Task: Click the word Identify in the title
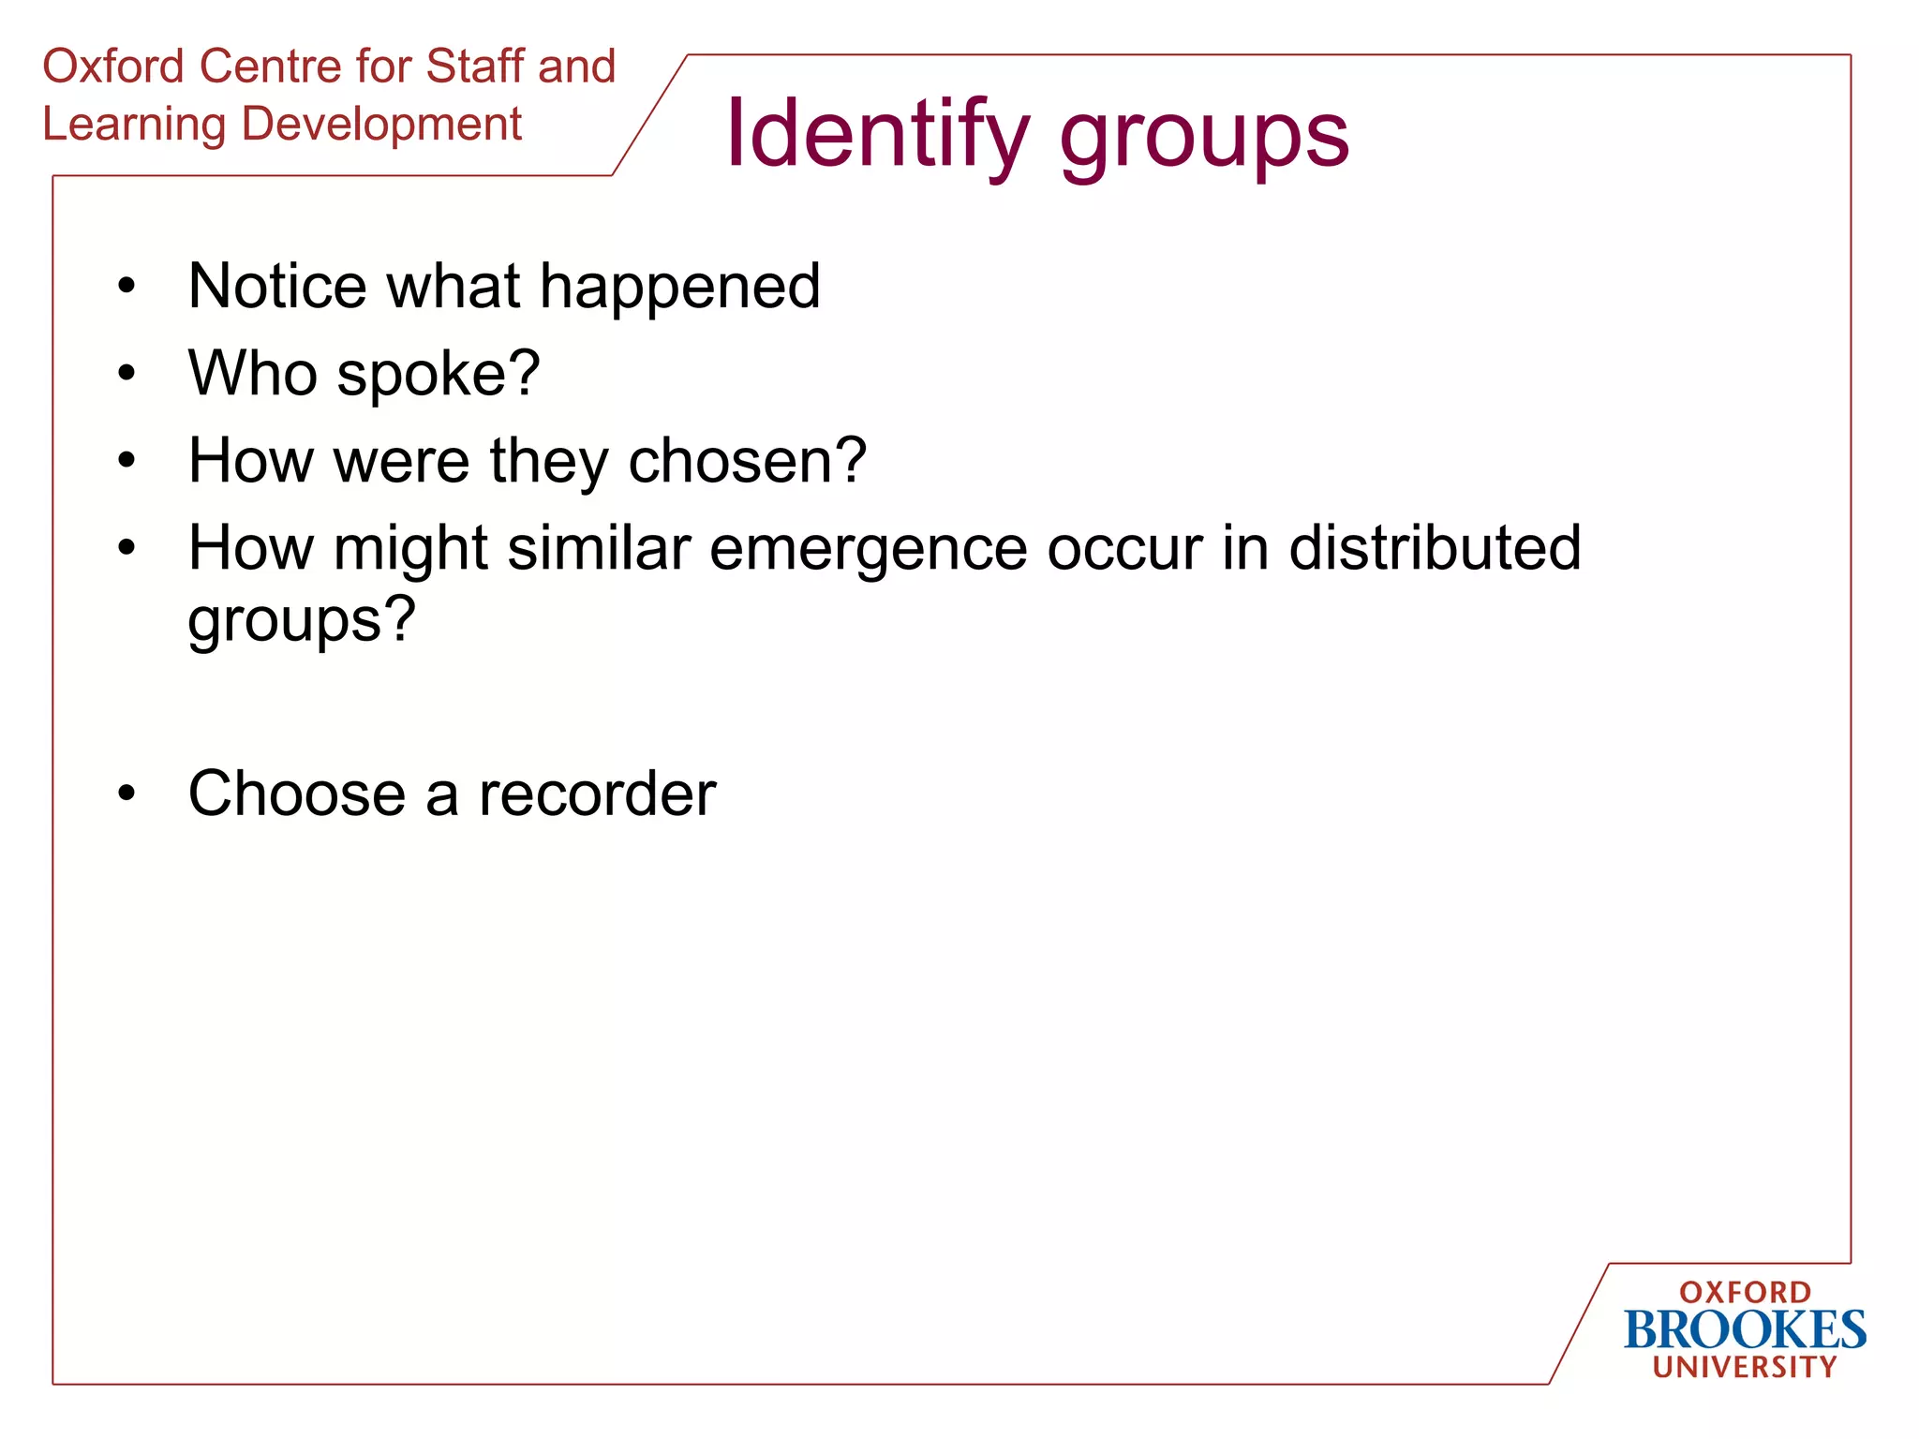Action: [x=877, y=136]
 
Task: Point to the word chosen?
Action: [x=747, y=462]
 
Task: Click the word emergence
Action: [x=868, y=550]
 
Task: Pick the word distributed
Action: [x=1435, y=548]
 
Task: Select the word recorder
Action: [x=597, y=794]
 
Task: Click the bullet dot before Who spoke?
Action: [x=126, y=374]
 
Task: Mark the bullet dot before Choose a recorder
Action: [x=126, y=794]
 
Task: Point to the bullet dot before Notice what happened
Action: [x=126, y=286]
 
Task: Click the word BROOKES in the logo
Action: [x=1745, y=1330]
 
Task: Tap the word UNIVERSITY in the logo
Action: [x=1745, y=1368]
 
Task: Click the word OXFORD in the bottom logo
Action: [x=1745, y=1293]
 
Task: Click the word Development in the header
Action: [x=381, y=125]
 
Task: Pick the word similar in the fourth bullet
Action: [x=599, y=548]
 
